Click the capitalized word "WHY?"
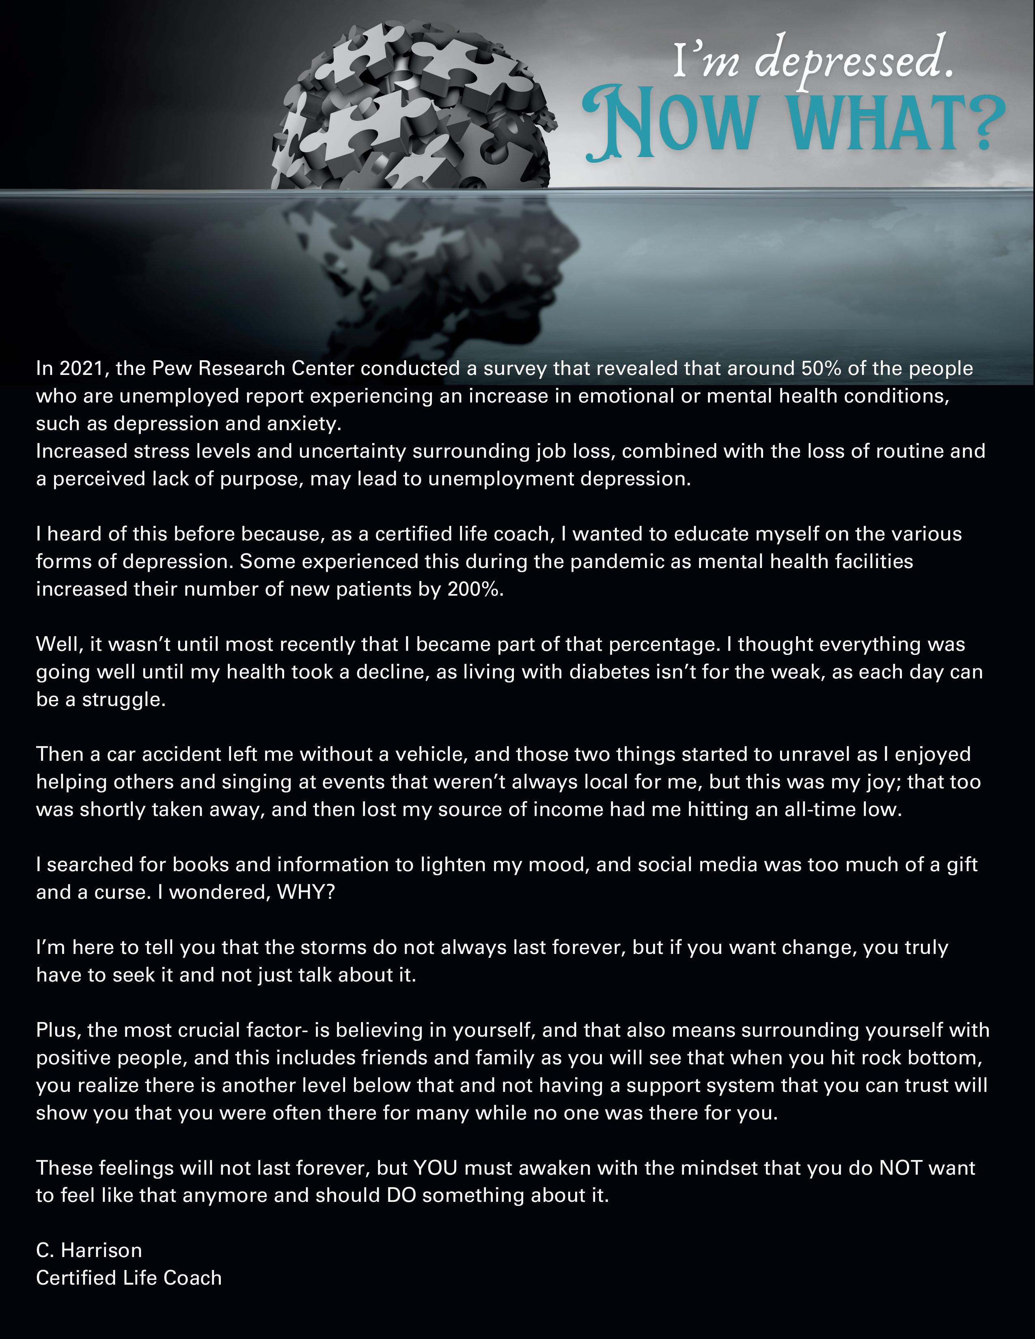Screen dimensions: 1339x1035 pyautogui.click(x=306, y=892)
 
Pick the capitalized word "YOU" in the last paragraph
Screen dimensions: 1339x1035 pyautogui.click(x=436, y=1168)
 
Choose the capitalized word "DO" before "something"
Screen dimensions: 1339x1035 pyautogui.click(x=401, y=1195)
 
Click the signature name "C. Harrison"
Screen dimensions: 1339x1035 pyautogui.click(x=89, y=1250)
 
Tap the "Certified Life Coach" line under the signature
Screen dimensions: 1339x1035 pyautogui.click(x=129, y=1278)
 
